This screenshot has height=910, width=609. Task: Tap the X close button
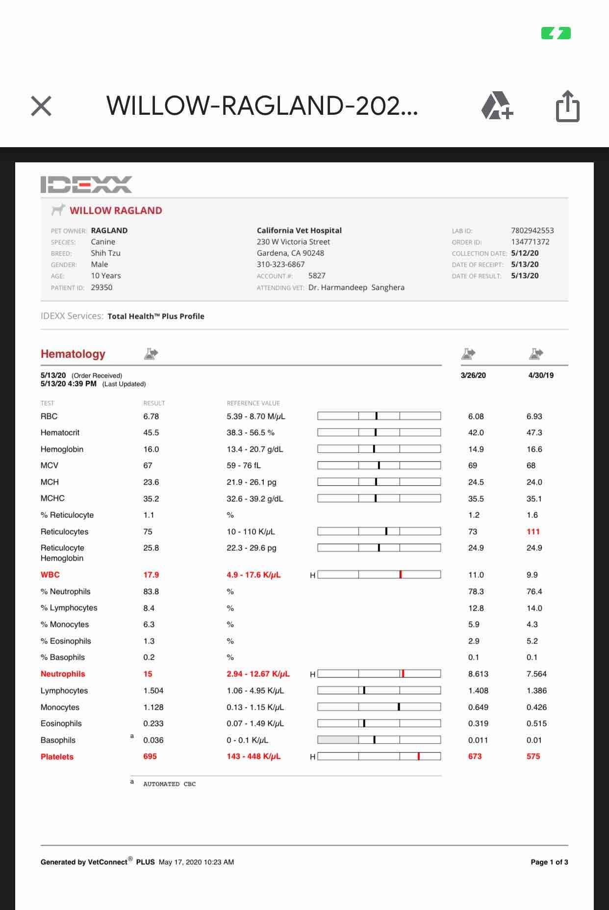[x=41, y=105]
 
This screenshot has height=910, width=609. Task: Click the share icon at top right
[x=567, y=106]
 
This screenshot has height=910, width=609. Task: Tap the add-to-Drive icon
[x=497, y=105]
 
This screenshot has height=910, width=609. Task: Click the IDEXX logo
[x=86, y=184]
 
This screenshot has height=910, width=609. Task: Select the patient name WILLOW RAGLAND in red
[x=116, y=210]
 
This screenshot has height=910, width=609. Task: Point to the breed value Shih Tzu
[x=105, y=253]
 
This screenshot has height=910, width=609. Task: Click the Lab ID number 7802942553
[x=532, y=231]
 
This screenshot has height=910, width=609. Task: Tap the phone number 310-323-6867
[x=280, y=264]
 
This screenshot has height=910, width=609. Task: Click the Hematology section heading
[x=73, y=354]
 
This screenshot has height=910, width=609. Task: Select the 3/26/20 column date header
[x=473, y=375]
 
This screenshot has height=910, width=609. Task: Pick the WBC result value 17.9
[x=151, y=575]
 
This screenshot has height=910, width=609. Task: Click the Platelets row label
[x=57, y=756]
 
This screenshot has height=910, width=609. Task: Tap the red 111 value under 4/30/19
[x=533, y=531]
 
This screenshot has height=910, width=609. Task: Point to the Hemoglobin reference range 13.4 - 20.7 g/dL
[x=254, y=449]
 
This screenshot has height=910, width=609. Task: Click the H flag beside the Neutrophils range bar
[x=312, y=675]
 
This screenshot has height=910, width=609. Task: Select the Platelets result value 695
[x=150, y=756]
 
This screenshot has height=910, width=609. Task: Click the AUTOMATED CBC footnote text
[x=169, y=784]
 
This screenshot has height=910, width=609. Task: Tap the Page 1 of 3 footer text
[x=549, y=862]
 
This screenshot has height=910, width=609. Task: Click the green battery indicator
[x=556, y=33]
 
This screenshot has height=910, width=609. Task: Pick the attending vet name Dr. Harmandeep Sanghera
[x=356, y=287]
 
